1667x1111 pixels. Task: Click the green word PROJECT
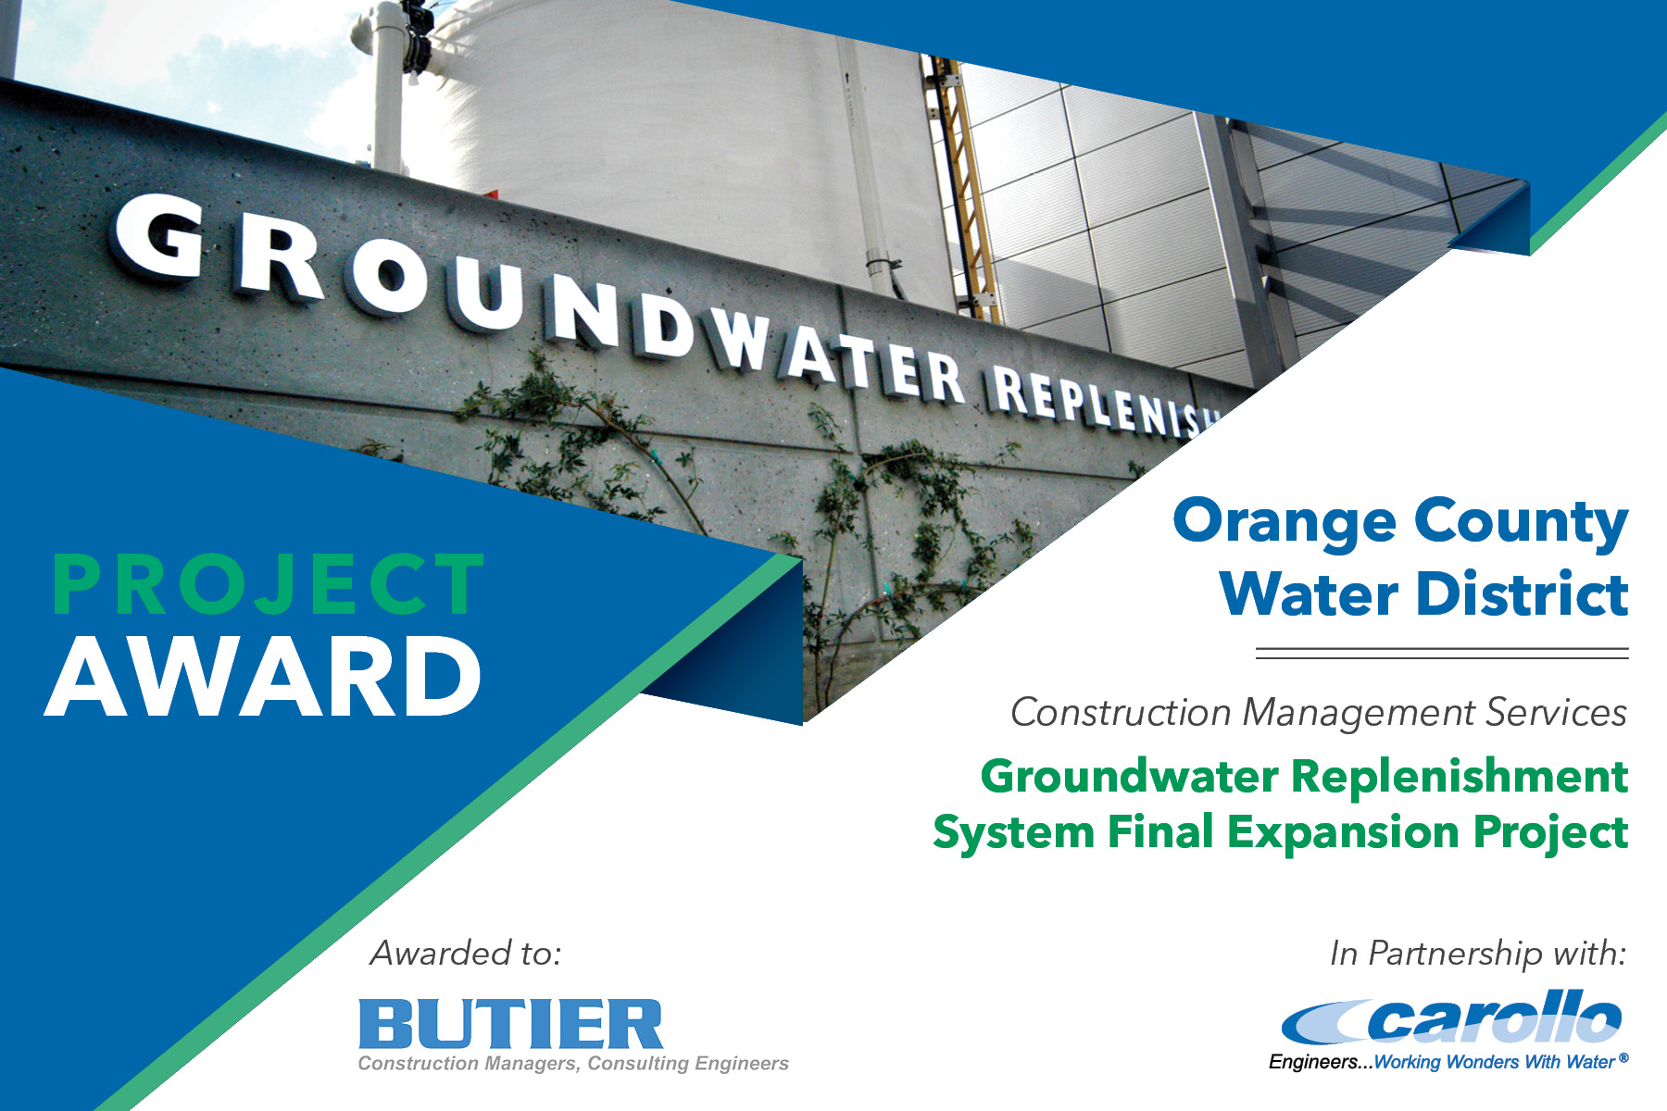click(269, 585)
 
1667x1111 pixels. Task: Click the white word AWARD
click(264, 678)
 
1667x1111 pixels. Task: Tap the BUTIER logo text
click(510, 1024)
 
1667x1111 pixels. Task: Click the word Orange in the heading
click(1284, 522)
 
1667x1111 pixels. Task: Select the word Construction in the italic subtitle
click(1121, 713)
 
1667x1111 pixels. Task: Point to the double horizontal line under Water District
click(1441, 654)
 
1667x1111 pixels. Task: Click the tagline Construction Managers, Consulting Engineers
click(573, 1064)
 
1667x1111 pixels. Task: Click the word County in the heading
click(1520, 522)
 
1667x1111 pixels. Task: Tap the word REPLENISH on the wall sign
click(1102, 400)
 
